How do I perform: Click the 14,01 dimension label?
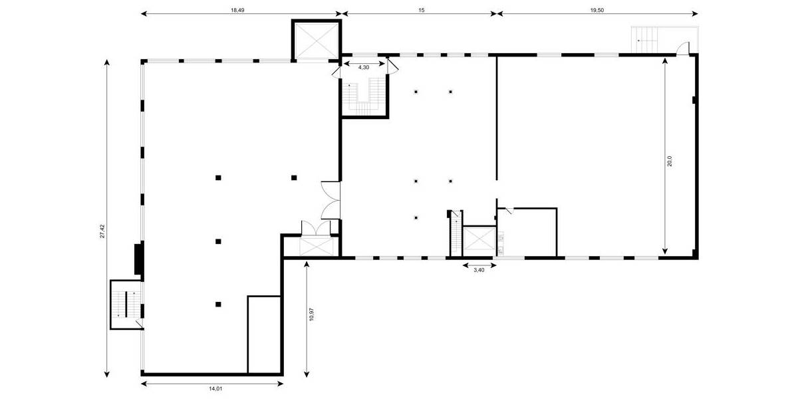coord(212,389)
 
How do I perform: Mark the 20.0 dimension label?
coord(670,161)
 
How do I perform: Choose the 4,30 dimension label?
coord(364,67)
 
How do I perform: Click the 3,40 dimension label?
coord(478,269)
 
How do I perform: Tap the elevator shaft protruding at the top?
coord(317,41)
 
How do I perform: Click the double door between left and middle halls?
coord(331,199)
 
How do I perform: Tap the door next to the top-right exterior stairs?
coord(682,48)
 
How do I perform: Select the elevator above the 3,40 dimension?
coord(478,241)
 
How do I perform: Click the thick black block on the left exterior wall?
coord(139,259)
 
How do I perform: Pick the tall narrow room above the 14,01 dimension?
coord(265,334)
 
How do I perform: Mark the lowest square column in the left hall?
coord(218,305)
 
